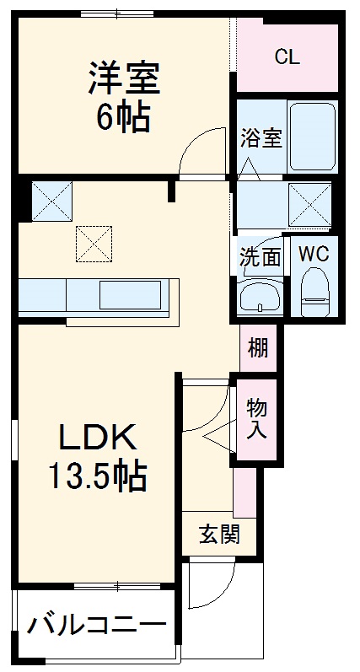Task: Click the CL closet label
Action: [x=287, y=57]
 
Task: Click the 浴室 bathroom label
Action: [x=260, y=138]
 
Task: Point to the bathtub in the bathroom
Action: [x=312, y=135]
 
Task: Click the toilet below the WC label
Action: [x=314, y=291]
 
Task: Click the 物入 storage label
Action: [x=257, y=418]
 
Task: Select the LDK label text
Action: [x=96, y=438]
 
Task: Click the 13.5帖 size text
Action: [x=96, y=478]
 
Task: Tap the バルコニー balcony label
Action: [x=96, y=626]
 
